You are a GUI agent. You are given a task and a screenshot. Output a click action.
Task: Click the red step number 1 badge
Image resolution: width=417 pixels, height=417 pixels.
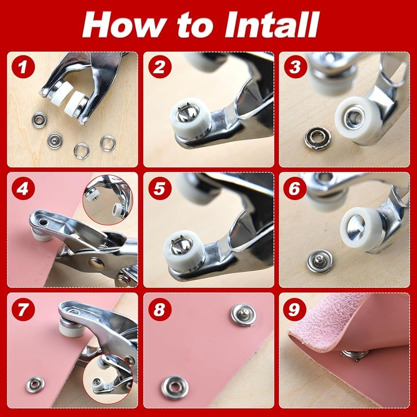[23, 67]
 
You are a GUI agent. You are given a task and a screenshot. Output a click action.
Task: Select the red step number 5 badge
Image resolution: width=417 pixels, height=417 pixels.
[159, 188]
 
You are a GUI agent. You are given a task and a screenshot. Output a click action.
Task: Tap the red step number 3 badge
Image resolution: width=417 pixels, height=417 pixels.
[295, 67]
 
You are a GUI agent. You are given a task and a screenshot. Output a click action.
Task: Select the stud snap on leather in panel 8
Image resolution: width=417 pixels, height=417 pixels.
[243, 315]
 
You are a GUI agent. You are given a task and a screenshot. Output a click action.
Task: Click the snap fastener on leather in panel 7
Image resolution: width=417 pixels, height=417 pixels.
[35, 385]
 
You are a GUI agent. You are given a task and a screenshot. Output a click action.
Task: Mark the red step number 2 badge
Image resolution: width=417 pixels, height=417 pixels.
[159, 67]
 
